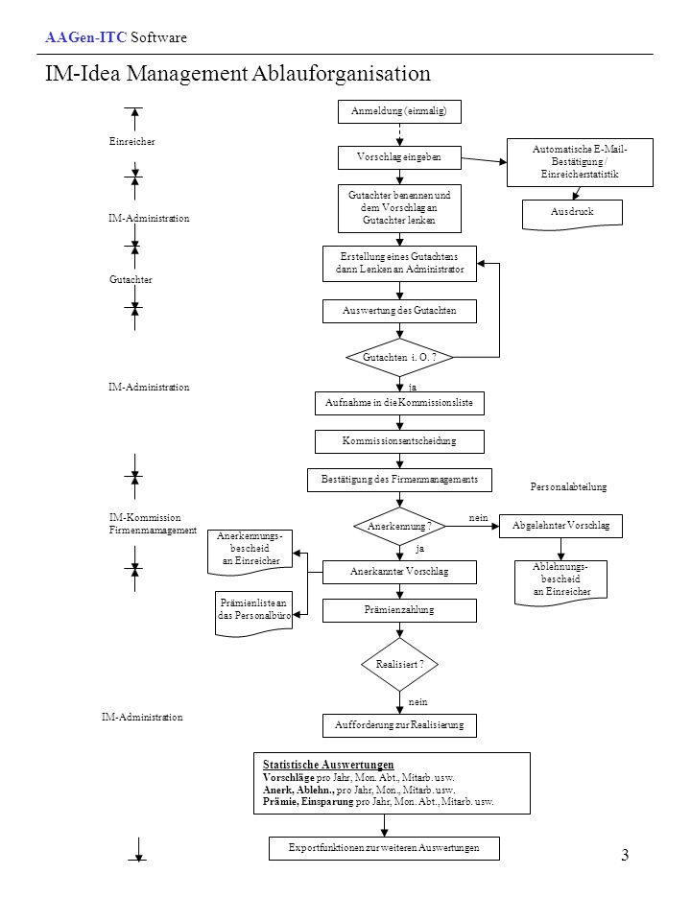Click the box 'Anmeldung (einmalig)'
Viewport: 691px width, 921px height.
399,111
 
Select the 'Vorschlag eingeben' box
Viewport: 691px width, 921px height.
399,157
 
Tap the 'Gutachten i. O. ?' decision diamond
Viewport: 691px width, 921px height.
399,357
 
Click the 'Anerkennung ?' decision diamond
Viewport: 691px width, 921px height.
399,527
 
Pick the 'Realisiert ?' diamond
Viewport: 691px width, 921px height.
399,664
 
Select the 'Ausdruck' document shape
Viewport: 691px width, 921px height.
572,214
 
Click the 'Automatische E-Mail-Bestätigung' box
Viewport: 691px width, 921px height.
580,163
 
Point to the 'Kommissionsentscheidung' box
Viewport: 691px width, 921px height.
399,441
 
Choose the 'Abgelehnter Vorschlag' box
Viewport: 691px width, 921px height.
560,527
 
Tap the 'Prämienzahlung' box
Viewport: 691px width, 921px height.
399,610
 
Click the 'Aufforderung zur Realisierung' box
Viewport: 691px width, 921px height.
399,725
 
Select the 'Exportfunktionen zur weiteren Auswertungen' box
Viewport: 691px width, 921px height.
384,849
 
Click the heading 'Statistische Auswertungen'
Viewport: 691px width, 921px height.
328,765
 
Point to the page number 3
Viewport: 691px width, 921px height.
625,855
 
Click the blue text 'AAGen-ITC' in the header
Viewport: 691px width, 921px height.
85,37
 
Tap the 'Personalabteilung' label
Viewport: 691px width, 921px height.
568,487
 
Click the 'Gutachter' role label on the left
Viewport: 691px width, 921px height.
131,279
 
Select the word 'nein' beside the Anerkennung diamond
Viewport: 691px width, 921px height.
478,517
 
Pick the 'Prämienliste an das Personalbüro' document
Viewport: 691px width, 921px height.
253,614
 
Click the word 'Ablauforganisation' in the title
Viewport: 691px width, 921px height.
341,74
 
